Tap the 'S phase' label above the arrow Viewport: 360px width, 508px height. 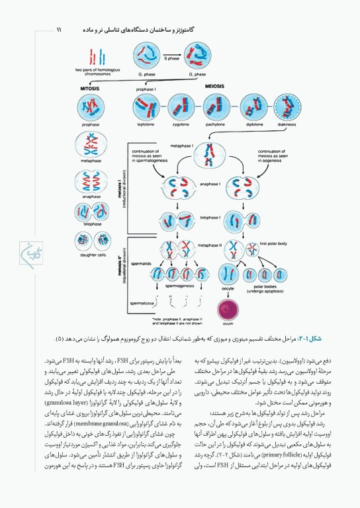171,58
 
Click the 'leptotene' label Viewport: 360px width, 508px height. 146,123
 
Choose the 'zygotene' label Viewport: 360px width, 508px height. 180,123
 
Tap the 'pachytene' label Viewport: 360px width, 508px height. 215,123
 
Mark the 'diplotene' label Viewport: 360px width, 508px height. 251,123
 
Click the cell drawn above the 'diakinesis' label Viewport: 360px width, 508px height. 287,106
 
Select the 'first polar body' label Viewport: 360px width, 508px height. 272,243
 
